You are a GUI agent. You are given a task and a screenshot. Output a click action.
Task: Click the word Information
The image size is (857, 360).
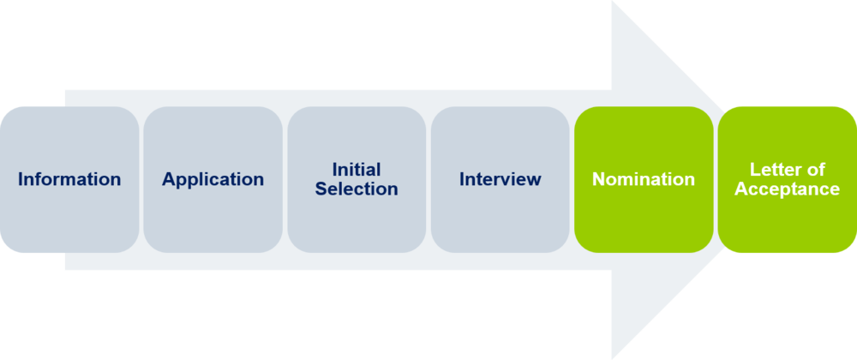point(69,180)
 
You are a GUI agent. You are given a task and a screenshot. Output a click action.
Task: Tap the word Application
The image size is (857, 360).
point(213,180)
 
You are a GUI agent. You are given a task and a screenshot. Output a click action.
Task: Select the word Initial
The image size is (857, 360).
point(357,170)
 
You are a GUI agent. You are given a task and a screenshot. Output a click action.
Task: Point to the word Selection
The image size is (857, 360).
point(357,189)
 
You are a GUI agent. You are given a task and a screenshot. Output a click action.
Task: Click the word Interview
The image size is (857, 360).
point(500,180)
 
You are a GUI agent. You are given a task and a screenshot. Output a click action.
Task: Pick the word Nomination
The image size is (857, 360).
point(644,180)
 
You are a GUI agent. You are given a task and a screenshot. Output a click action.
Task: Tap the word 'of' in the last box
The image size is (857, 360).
point(816,170)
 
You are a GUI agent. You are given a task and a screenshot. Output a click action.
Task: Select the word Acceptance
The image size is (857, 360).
point(788,189)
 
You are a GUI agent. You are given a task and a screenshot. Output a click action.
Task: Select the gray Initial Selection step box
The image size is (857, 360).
point(357,223)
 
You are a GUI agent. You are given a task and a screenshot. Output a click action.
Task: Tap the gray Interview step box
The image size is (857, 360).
point(500,219)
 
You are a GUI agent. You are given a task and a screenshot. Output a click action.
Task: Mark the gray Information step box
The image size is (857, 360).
point(69,219)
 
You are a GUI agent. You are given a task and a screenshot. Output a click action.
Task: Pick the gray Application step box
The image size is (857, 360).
point(213,219)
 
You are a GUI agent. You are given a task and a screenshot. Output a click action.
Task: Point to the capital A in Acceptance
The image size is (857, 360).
point(741,189)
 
